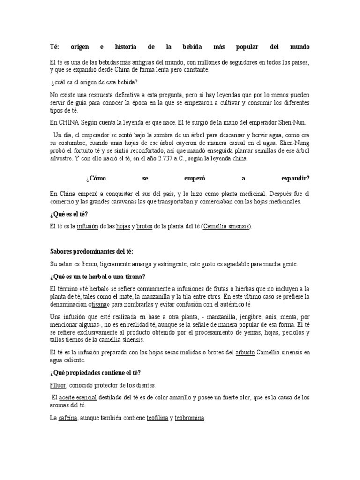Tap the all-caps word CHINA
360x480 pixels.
(x=70, y=123)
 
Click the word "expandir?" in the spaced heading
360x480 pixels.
(x=294, y=179)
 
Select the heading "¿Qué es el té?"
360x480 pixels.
(x=69, y=214)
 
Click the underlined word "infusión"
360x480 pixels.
(x=88, y=226)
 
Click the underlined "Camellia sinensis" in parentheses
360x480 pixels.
(x=227, y=226)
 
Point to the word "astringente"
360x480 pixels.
(x=169, y=264)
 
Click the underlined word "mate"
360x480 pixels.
(x=126, y=297)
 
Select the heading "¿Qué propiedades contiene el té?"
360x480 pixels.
(x=95, y=373)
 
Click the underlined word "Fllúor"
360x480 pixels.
(x=59, y=385)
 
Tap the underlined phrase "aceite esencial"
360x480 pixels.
(x=78, y=397)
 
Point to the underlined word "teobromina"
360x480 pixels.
(x=189, y=418)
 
